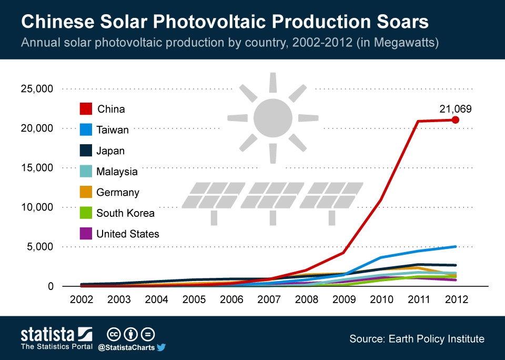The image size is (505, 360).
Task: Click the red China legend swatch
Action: click(86, 108)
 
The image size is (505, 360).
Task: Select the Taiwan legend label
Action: click(113, 130)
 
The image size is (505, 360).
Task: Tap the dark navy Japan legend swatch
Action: click(86, 151)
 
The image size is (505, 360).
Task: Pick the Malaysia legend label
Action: click(117, 172)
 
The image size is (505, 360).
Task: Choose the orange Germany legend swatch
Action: click(86, 192)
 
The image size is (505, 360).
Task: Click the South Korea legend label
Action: click(125, 213)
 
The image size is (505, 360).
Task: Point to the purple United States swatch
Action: click(86, 234)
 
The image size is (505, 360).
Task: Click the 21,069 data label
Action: click(455, 109)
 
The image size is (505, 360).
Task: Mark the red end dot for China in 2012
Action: click(456, 120)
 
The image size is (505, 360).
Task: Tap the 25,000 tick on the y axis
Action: click(37, 89)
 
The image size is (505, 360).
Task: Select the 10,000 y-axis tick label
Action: click(37, 207)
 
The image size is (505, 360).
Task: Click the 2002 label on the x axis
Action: click(82, 299)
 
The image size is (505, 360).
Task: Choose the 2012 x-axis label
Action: click(456, 299)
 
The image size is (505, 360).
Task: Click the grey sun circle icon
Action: click(272, 117)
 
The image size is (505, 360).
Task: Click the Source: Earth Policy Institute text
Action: click(417, 339)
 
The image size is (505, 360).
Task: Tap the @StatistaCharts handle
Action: click(126, 347)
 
